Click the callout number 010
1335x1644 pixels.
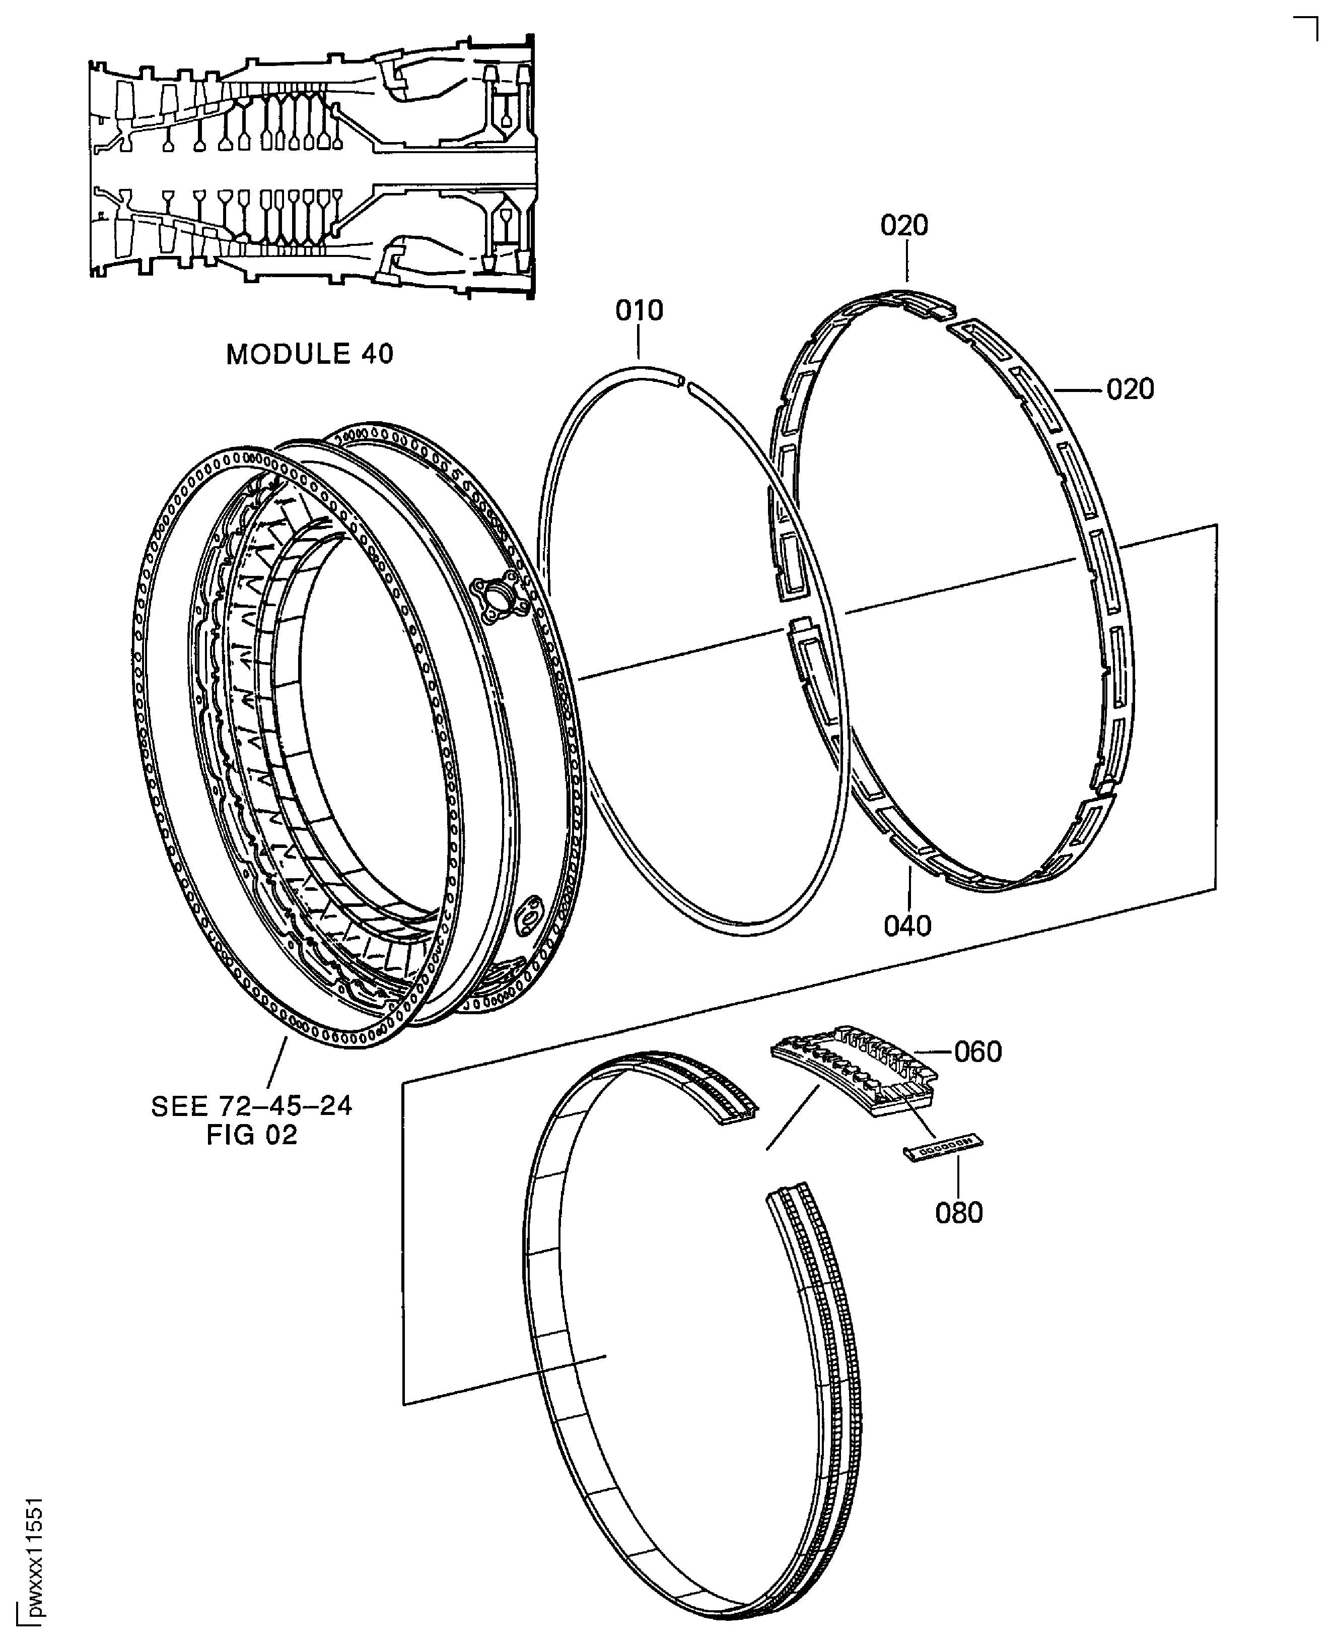[x=639, y=311]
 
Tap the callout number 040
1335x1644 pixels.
[x=907, y=926]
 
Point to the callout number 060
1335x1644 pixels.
[x=977, y=1051]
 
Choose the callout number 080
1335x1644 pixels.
[x=959, y=1213]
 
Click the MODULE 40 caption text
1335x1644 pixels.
[x=309, y=354]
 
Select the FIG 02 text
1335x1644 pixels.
[x=251, y=1135]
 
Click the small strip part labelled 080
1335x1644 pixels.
[x=942, y=1149]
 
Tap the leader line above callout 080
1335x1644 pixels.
[x=959, y=1177]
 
